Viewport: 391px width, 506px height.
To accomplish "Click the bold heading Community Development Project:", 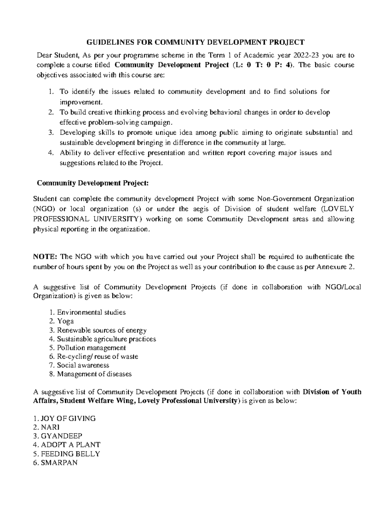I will [93, 183].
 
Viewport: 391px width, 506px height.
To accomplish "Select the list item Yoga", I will [65, 321].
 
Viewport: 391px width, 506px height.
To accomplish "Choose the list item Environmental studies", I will [91, 312].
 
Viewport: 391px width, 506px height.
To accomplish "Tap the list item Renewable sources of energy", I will [102, 330].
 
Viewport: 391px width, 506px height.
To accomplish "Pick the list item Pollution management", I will [91, 348].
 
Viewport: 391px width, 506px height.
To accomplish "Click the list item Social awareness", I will [83, 365].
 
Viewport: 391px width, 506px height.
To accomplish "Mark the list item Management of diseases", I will [94, 374].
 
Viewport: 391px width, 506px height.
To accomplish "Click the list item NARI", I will [51, 427].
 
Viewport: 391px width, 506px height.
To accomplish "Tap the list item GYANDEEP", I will [62, 436].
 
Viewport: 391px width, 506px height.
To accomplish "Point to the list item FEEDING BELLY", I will [70, 454].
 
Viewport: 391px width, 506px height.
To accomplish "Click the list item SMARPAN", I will [59, 463].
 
